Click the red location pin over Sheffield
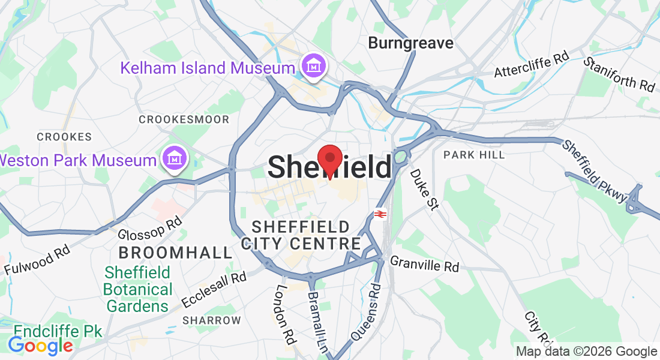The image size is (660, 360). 329,160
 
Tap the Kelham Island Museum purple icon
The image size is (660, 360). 313,67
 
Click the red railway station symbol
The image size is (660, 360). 379,214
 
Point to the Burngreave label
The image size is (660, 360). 410,43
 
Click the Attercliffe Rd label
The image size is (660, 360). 531,65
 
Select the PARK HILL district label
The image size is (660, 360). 474,155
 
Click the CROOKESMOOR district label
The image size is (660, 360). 184,119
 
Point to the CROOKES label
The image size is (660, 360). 64,137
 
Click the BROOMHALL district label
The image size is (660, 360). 175,252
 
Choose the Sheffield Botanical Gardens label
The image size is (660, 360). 137,289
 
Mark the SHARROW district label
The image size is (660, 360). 211,320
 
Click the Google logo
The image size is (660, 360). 40,346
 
